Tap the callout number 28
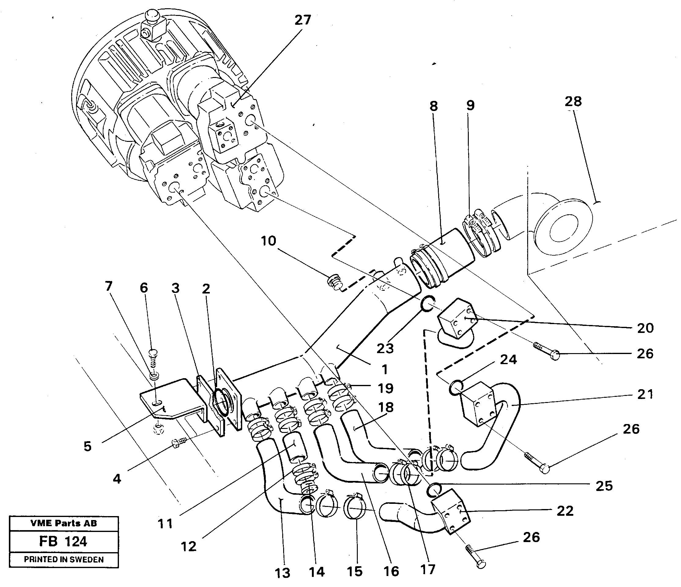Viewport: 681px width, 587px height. [573, 101]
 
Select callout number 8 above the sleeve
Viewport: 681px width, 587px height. [434, 106]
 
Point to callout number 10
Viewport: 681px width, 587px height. [268, 241]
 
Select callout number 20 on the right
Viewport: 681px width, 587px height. [645, 328]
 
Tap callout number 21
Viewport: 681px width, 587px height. [645, 394]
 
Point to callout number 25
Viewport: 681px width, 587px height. [604, 486]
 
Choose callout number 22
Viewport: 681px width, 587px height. [565, 511]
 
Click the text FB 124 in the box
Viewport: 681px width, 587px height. [63, 541]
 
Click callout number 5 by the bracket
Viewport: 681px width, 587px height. [87, 446]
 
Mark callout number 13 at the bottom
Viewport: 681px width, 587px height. [282, 572]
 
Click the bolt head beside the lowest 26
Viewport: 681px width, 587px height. [480, 564]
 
